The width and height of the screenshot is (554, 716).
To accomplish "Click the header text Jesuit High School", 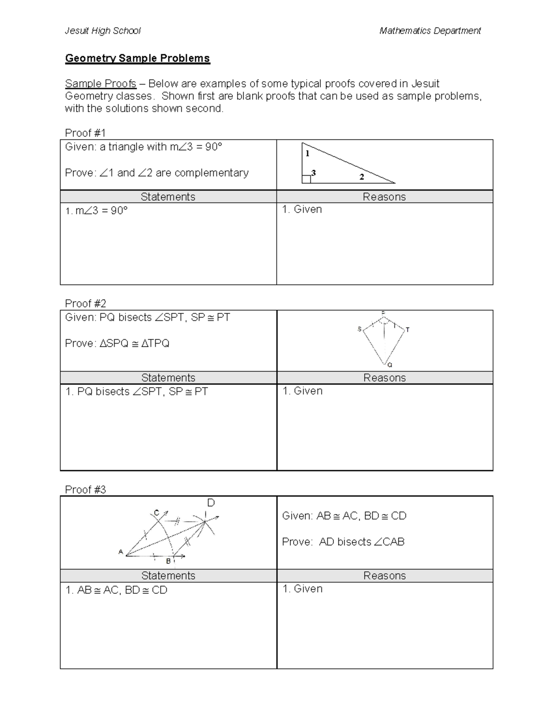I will click(x=102, y=31).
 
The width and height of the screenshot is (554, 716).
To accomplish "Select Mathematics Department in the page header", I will click(x=430, y=31).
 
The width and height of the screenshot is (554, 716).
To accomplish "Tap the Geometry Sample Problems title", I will click(x=138, y=58).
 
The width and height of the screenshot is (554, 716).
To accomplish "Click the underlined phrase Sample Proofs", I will click(x=101, y=83).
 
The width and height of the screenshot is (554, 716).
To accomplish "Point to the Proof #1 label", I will click(x=85, y=133).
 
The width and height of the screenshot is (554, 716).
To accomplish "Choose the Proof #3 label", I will click(x=85, y=490).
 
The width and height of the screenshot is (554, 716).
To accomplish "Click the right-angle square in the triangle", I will click(x=306, y=179).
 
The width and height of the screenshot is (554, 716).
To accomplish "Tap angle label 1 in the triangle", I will click(x=307, y=154).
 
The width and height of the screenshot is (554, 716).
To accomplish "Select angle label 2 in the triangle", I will click(x=361, y=177).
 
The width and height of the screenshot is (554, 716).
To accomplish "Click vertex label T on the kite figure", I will click(x=408, y=330).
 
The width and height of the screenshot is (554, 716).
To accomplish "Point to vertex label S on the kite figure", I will click(x=360, y=329).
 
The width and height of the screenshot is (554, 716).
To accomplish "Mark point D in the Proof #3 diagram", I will click(x=211, y=503).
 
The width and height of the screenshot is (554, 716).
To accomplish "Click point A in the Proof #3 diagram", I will click(x=121, y=552).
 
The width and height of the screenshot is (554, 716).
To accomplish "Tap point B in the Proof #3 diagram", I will click(x=169, y=561).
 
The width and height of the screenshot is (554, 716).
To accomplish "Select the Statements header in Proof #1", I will click(x=168, y=197).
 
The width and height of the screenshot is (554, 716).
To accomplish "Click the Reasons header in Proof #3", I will click(x=385, y=576).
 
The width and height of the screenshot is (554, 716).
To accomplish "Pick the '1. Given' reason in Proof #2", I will click(x=302, y=391).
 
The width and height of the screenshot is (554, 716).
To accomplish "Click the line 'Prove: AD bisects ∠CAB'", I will click(x=343, y=542).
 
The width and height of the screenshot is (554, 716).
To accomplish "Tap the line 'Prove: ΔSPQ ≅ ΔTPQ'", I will click(x=117, y=343).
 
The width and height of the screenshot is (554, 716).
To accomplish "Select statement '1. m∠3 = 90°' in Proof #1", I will click(x=96, y=211).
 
